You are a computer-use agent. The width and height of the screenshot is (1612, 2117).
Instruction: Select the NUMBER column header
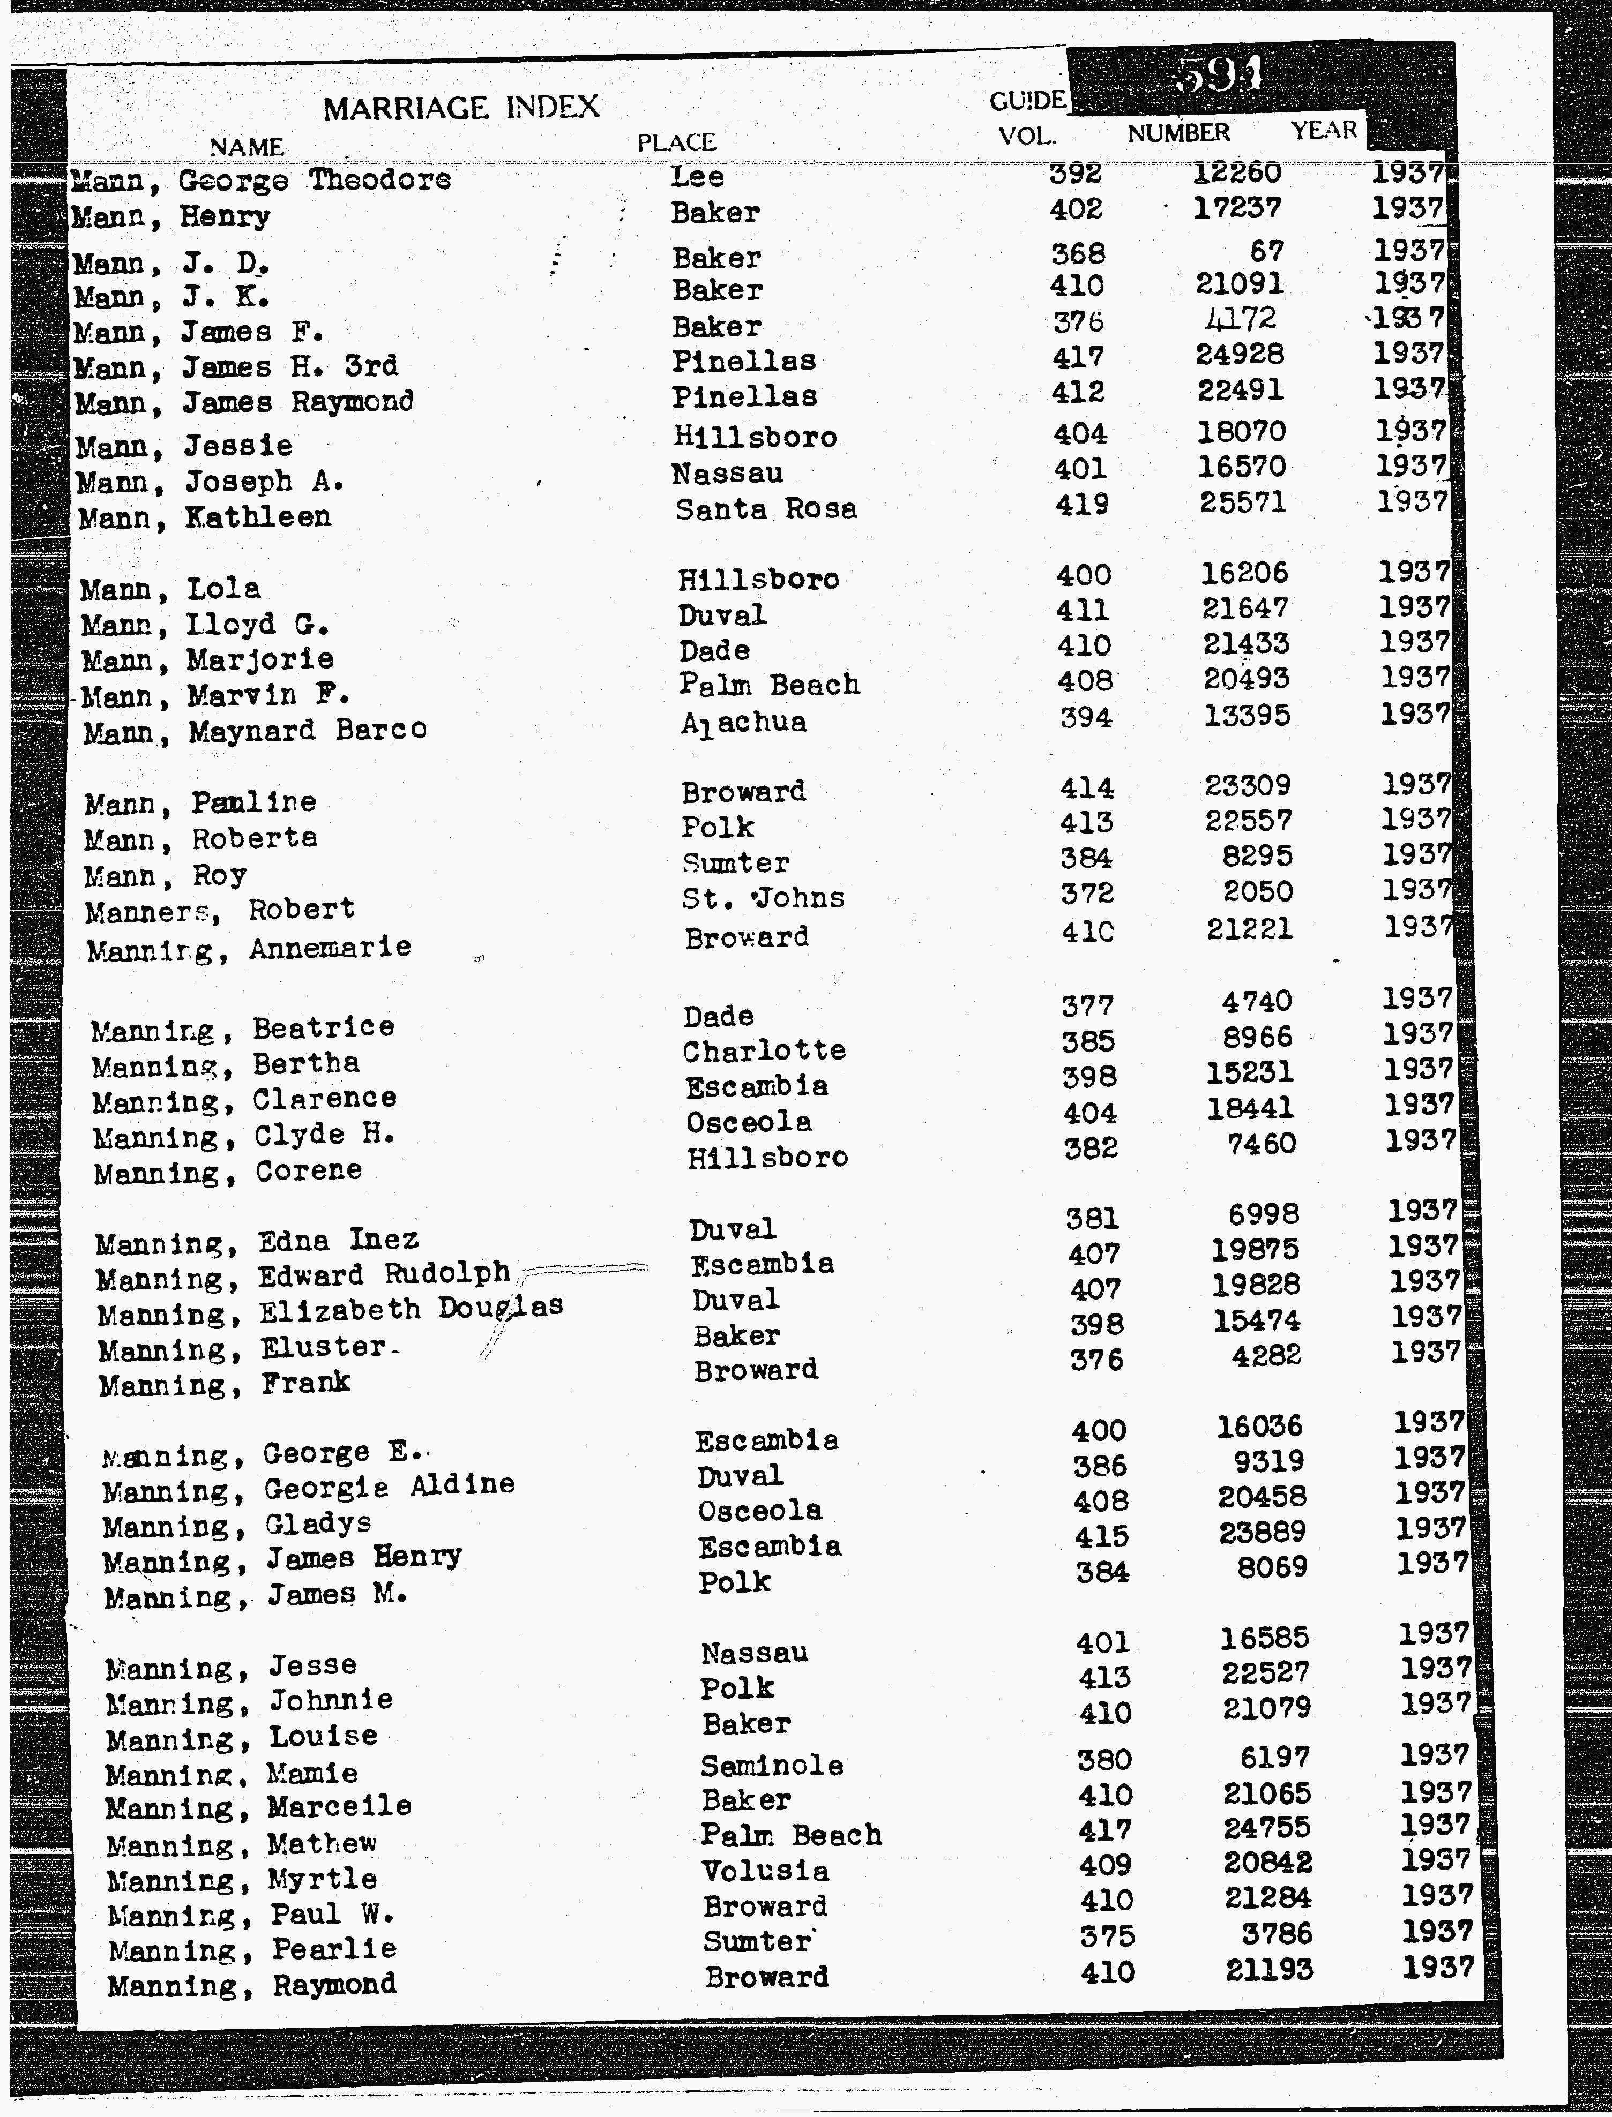coord(1178,133)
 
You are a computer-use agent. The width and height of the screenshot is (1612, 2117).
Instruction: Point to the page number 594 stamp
coord(1219,75)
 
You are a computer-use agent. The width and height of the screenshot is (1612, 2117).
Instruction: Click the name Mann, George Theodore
coord(261,179)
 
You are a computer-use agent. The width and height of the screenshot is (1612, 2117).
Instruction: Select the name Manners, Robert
coord(220,910)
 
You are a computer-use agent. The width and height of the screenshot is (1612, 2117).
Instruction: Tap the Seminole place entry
coord(772,1765)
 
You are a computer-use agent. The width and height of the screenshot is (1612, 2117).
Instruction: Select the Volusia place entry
coord(765,1871)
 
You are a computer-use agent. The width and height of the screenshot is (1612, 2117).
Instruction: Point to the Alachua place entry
coord(744,722)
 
